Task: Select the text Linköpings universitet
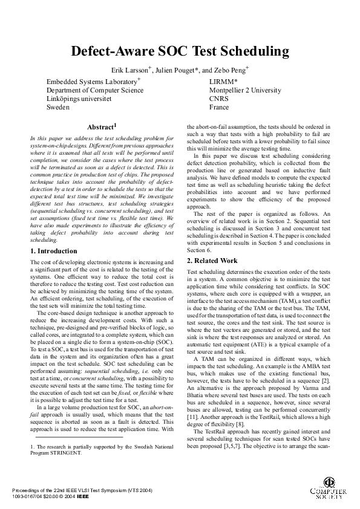79,99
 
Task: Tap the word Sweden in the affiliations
58,107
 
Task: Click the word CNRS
219,99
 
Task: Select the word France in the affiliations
219,107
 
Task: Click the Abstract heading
101,128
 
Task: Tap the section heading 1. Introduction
54,251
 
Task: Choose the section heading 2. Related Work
212,261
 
